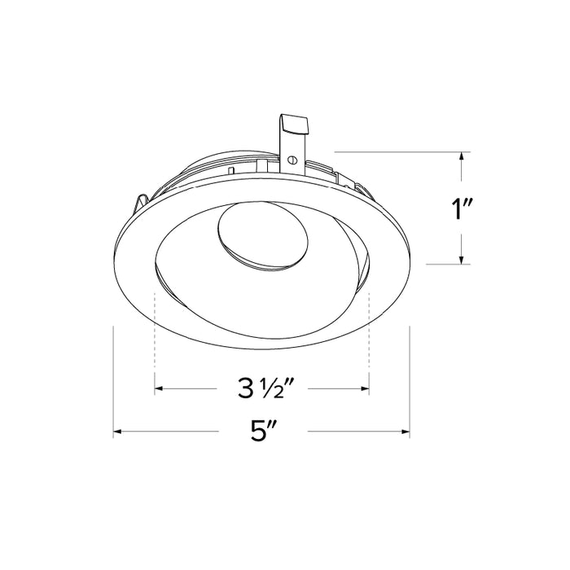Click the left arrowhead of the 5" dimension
tap(118, 431)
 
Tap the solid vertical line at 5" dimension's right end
tap(410, 383)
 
